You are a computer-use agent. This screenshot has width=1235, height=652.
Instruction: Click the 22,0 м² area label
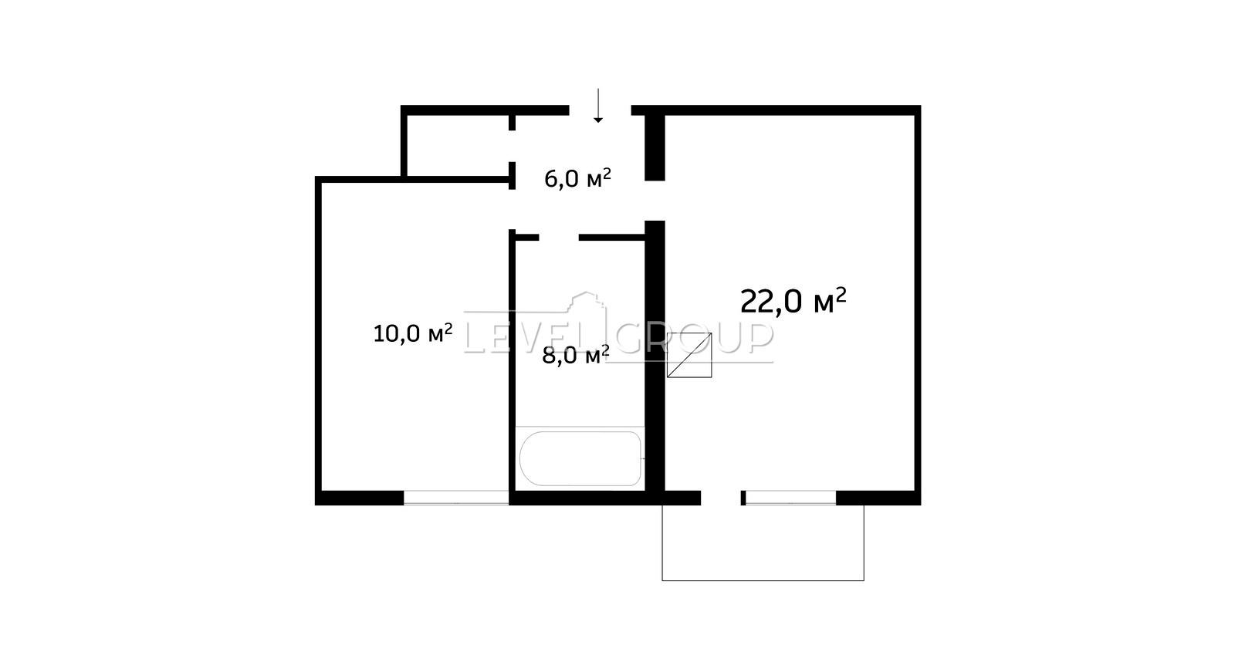point(793,301)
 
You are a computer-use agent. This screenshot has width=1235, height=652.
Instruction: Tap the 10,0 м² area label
point(413,333)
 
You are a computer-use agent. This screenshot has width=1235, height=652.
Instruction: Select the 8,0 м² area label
point(576,355)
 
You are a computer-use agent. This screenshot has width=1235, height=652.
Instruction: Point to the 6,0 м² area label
point(578,178)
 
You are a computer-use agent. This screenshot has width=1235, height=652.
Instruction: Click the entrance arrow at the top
point(598,105)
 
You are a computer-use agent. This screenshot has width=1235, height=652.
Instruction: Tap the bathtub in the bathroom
point(580,458)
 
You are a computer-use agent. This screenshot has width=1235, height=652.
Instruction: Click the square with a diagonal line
point(689,355)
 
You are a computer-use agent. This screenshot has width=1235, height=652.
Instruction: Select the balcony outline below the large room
point(763,580)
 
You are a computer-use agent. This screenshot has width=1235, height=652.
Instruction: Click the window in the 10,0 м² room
point(456,498)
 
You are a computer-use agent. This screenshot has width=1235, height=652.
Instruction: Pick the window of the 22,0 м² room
point(791,498)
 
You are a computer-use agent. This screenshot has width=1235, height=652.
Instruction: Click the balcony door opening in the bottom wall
point(721,498)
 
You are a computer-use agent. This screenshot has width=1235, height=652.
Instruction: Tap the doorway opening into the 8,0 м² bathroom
point(559,238)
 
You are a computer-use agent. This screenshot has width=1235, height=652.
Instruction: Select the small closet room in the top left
point(458,146)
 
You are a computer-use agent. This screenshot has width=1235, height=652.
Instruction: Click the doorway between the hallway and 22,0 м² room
point(655,201)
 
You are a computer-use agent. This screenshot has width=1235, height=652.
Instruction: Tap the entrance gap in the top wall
point(600,110)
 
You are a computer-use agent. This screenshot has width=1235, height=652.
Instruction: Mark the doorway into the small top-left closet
point(513,146)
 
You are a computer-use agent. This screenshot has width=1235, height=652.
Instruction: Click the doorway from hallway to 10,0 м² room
point(513,209)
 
